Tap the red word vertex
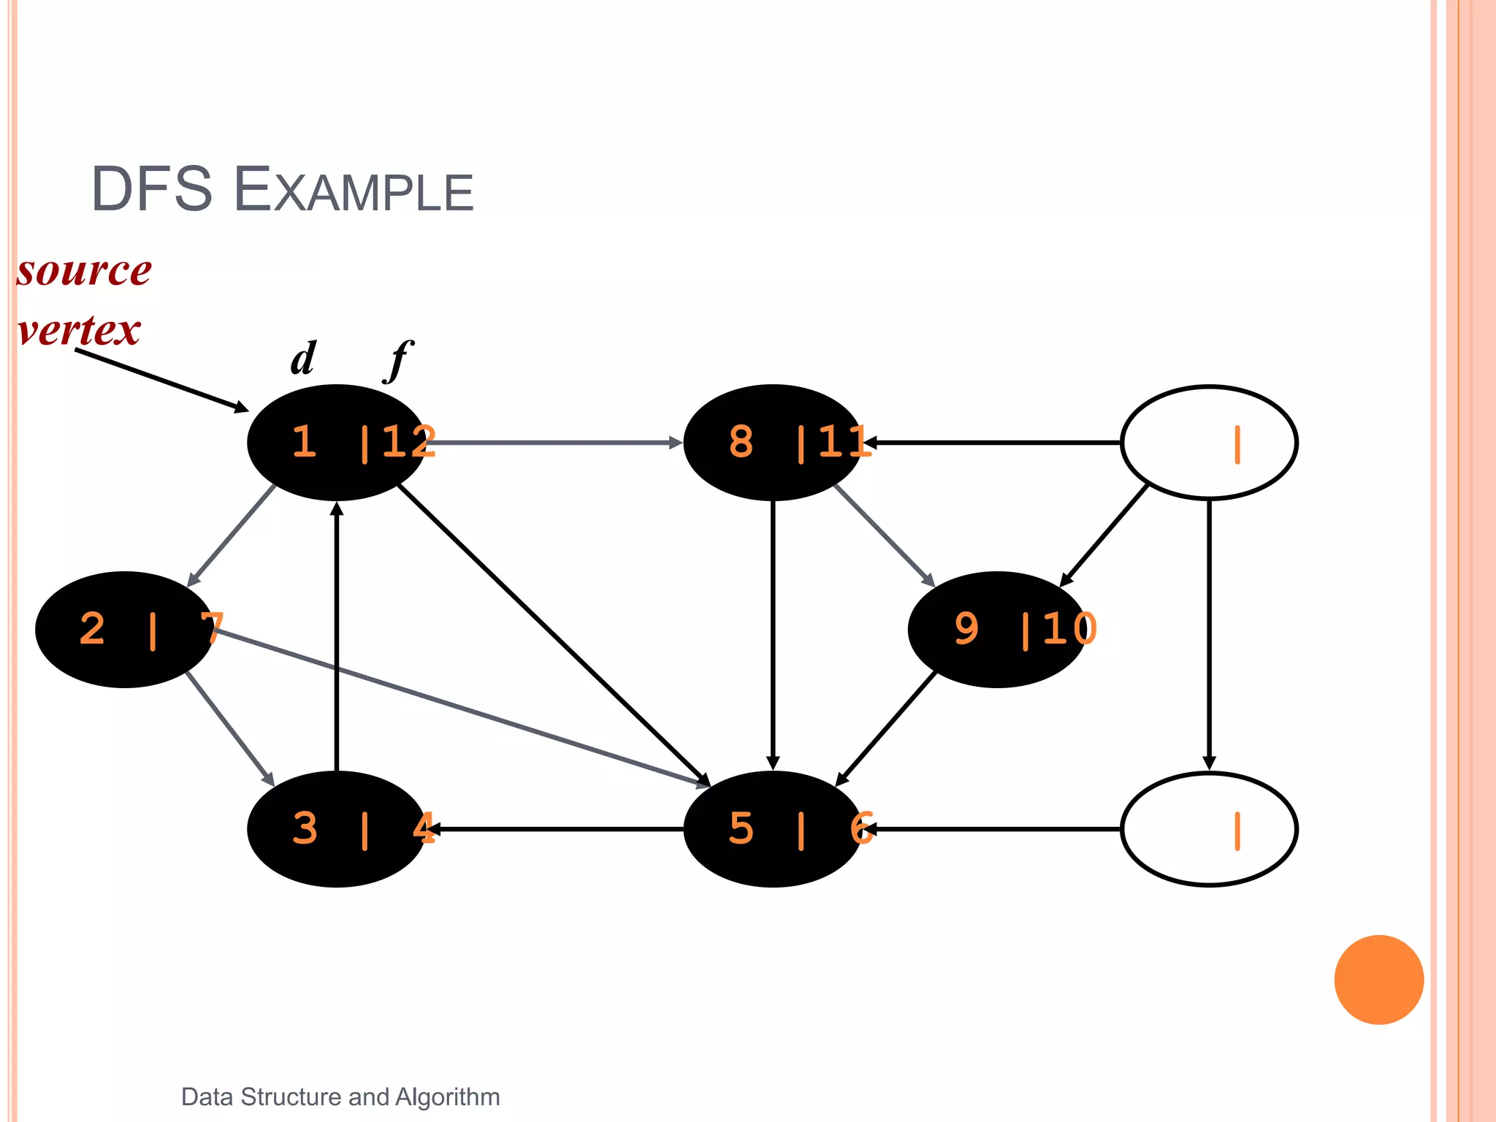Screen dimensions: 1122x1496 coord(79,329)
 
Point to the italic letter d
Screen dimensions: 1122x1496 coord(303,359)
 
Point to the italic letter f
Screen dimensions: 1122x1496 coord(398,360)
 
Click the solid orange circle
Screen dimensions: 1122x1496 coord(1378,980)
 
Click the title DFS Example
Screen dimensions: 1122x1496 coord(282,190)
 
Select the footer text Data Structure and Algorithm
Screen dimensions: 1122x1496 coord(340,1096)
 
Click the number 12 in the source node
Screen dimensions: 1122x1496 coord(408,442)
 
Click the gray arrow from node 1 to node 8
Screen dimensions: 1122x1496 coord(555,443)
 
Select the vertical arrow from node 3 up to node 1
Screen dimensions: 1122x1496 coord(337,636)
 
